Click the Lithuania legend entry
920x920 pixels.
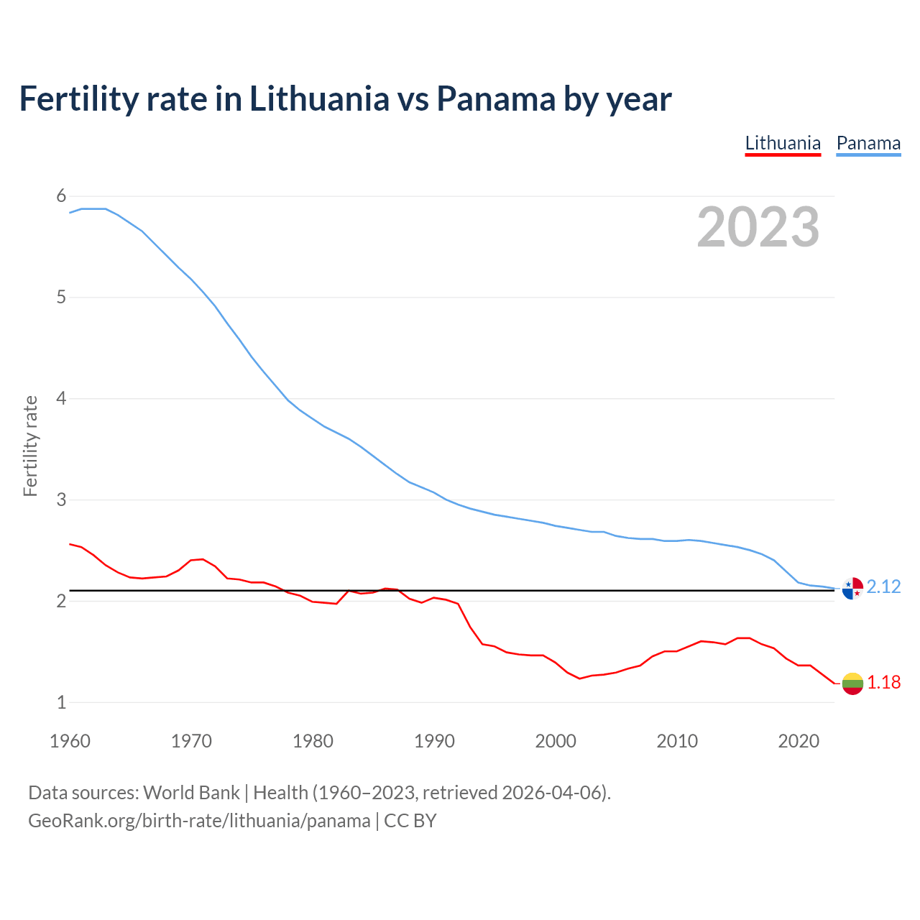(x=783, y=143)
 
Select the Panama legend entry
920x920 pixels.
(x=868, y=143)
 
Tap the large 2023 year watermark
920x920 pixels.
(x=758, y=227)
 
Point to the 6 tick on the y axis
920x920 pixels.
(x=61, y=196)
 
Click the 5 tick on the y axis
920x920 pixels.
(x=61, y=297)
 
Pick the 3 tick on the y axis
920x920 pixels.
(x=61, y=500)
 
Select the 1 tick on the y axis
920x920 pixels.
(x=61, y=702)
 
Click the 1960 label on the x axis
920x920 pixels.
(x=70, y=741)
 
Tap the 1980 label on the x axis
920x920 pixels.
(x=313, y=741)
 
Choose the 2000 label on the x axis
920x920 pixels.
(x=556, y=741)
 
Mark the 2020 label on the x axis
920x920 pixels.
(x=799, y=741)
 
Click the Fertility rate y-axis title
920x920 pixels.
(x=30, y=446)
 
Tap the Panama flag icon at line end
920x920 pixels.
(x=852, y=588)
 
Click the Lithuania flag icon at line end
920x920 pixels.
(x=852, y=684)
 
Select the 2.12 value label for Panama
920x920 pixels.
(x=883, y=587)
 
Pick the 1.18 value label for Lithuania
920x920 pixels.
(x=883, y=683)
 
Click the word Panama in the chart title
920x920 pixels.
(x=495, y=99)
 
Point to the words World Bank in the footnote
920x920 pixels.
(x=191, y=793)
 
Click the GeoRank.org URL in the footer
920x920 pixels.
(x=199, y=821)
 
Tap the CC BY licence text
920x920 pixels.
(x=410, y=821)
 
